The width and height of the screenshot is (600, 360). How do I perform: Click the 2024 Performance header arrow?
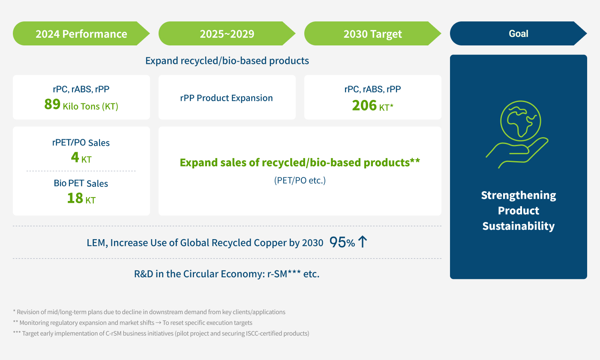click(81, 34)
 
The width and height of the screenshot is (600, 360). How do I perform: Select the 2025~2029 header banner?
click(227, 34)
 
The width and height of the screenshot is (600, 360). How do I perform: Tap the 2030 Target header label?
click(372, 34)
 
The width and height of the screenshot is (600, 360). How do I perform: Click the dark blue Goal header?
click(518, 33)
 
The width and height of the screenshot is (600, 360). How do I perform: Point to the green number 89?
click(52, 105)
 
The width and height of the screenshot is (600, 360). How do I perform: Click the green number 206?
click(364, 105)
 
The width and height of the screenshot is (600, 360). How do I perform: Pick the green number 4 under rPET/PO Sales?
click(75, 158)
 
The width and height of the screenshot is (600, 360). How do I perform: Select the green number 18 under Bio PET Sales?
click(75, 198)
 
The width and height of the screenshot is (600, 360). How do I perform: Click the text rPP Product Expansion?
click(226, 98)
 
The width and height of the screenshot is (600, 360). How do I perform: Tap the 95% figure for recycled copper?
click(342, 243)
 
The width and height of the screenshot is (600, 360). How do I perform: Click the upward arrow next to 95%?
click(362, 242)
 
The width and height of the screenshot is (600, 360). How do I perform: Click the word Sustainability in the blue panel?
click(518, 226)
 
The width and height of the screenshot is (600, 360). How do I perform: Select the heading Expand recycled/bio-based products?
click(227, 60)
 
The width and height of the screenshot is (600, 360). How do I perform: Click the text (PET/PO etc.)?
click(300, 180)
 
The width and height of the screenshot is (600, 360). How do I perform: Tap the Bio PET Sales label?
click(81, 183)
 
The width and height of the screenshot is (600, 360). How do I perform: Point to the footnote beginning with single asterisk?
click(149, 312)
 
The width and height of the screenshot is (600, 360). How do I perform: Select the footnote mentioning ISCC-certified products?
click(161, 333)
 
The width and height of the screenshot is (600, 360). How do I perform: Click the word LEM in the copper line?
click(96, 243)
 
